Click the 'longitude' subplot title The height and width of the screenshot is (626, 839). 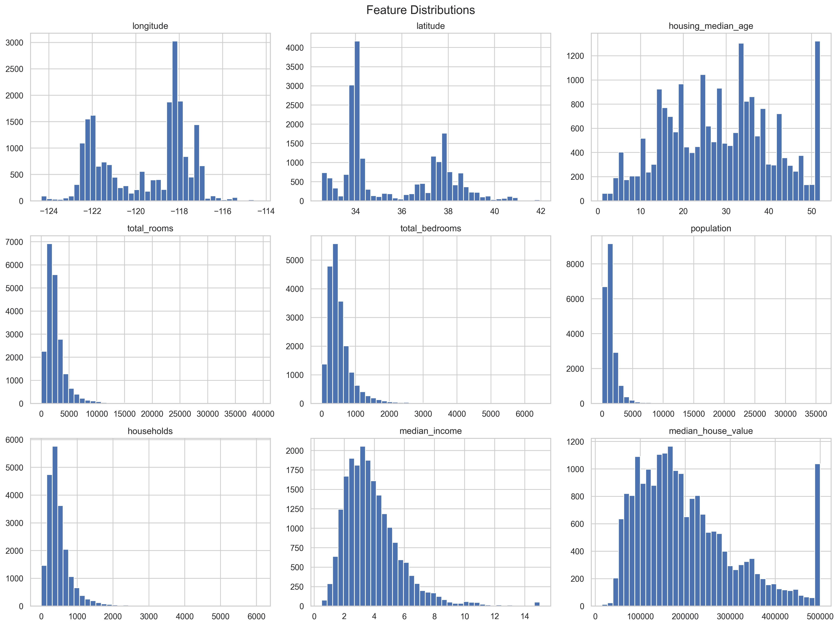coord(150,26)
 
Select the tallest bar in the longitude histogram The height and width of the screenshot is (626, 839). coord(175,121)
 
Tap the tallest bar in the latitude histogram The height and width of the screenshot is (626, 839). coord(357,121)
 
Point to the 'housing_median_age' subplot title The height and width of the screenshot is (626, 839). coord(711,26)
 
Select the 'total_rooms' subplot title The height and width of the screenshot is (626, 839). coord(150,228)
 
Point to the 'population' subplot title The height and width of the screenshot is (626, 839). coord(711,228)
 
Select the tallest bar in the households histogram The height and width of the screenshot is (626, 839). coord(55,527)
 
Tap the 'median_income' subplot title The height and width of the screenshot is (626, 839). coord(431,431)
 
